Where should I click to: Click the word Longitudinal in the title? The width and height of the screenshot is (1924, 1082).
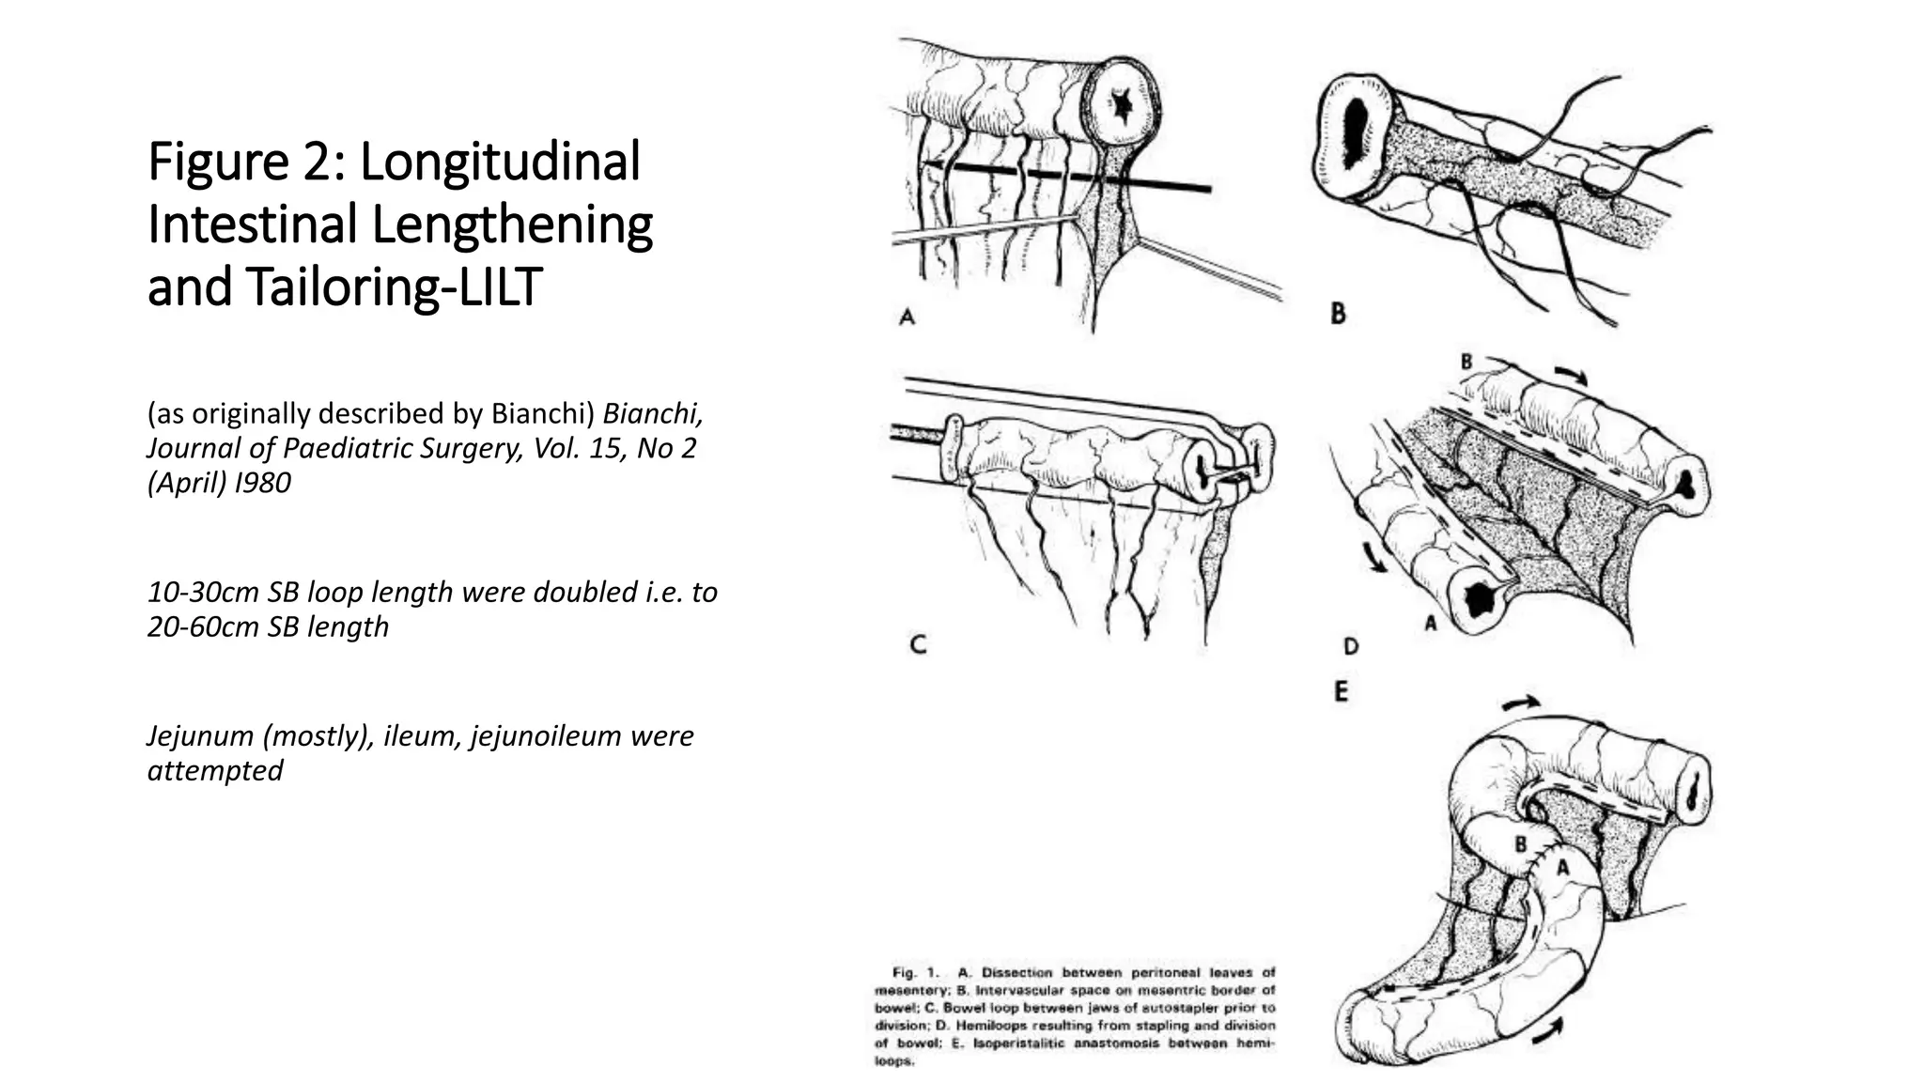[x=500, y=161]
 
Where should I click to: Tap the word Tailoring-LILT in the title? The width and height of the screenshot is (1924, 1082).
[x=394, y=286]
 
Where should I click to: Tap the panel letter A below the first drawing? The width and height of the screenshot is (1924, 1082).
[x=907, y=317]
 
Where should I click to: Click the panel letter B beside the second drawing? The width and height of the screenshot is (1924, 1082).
[x=1338, y=314]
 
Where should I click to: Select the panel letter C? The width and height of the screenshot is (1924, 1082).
[x=919, y=644]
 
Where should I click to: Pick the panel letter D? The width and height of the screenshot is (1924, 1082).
[x=1351, y=646]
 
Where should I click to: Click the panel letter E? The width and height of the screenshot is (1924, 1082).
[x=1341, y=692]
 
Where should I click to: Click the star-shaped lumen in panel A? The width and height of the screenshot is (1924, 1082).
[x=1121, y=106]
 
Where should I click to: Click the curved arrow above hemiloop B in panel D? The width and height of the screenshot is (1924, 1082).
[x=1571, y=374]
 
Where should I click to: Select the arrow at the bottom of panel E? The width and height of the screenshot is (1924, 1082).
[x=1546, y=1026]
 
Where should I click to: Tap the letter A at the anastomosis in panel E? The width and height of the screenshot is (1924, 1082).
[x=1562, y=869]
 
